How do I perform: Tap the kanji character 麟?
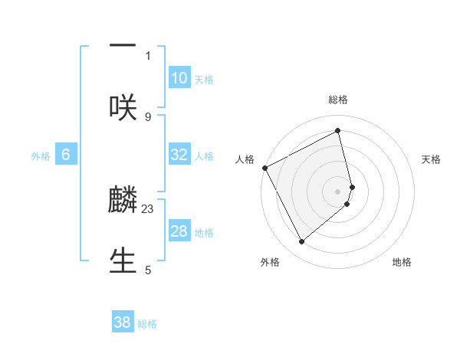pos(123,201)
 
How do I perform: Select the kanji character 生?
pos(123,259)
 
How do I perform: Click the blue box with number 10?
pos(179,78)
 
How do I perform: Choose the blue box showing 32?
pos(179,155)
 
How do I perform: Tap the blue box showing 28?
pos(179,231)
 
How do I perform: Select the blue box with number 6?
pos(65,155)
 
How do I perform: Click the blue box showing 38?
pos(123,322)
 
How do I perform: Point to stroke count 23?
pos(148,208)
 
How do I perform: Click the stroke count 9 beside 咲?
pos(148,116)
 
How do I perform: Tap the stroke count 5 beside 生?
pos(148,270)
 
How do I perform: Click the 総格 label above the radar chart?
pos(338,100)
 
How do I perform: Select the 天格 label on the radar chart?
pos(432,159)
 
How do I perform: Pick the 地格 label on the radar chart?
pos(402,262)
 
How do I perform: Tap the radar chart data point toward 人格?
pos(264,168)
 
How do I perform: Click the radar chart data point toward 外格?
pos(301,242)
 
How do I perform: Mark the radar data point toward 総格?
pos(338,130)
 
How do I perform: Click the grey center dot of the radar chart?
pos(338,191)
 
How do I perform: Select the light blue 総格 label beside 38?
pos(147,324)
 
